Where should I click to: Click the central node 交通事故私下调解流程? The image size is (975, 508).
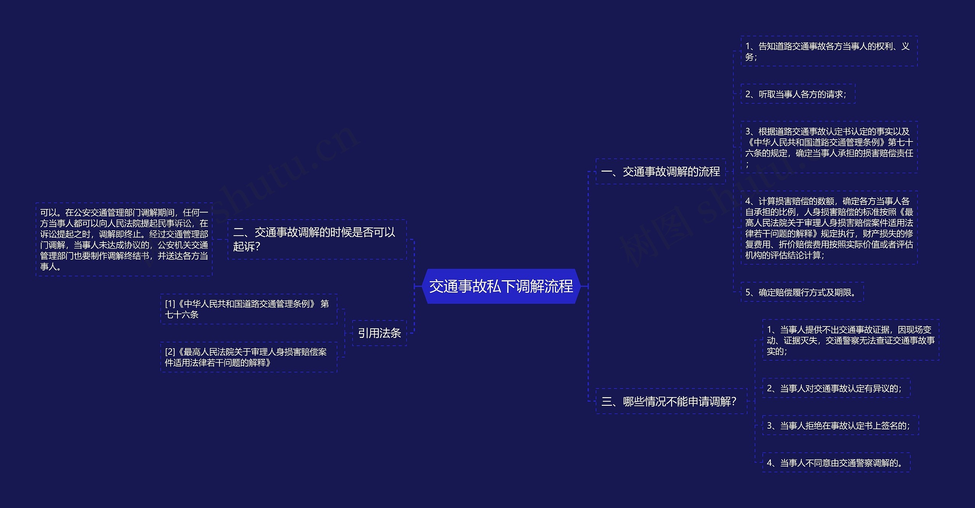(x=501, y=286)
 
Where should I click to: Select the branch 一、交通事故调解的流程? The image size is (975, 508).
(x=660, y=172)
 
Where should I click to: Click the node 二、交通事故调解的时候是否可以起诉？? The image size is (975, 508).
(x=316, y=239)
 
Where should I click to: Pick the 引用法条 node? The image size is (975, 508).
(x=379, y=333)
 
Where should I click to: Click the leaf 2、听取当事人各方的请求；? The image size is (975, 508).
(x=798, y=94)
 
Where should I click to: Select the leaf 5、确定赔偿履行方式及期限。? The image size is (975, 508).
(x=802, y=293)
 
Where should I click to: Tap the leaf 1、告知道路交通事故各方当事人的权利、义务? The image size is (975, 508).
(x=828, y=51)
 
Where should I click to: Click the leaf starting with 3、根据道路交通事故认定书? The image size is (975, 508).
(x=828, y=148)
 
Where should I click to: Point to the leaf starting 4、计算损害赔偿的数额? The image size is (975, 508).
(x=828, y=228)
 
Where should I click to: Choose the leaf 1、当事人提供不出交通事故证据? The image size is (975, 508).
(x=850, y=340)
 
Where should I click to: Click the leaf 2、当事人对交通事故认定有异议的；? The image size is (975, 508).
(x=836, y=388)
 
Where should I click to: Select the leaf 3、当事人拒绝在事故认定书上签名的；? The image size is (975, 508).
(x=840, y=426)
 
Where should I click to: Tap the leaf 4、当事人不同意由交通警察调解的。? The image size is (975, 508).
(x=836, y=463)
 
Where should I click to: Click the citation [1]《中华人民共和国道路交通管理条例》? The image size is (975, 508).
(x=248, y=309)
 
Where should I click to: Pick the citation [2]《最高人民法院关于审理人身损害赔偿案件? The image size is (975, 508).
(x=248, y=357)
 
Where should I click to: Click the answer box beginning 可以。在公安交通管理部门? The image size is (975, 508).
(x=124, y=239)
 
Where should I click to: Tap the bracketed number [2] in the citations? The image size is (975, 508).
(x=170, y=352)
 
